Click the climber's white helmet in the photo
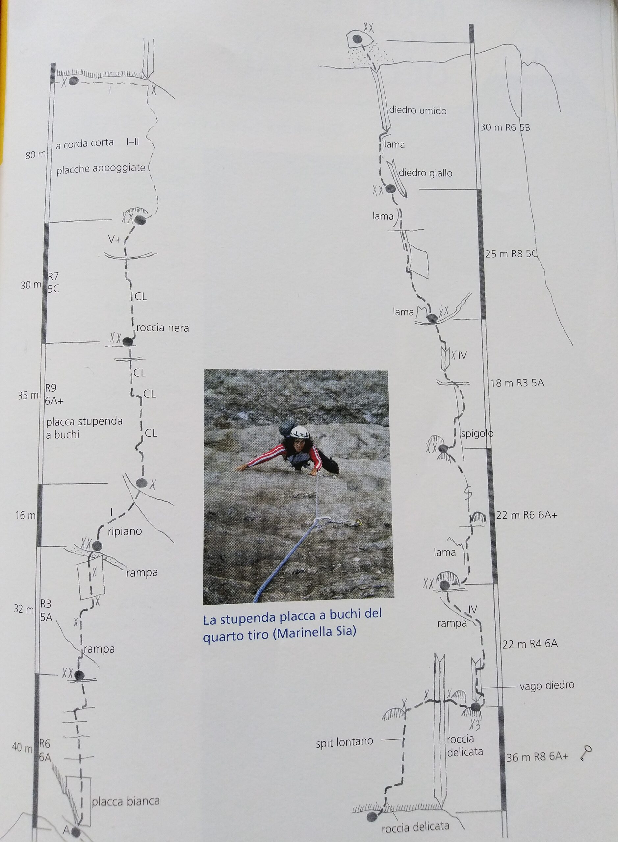coord(301,433)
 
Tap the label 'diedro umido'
coord(418,111)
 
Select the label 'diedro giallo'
coord(425,173)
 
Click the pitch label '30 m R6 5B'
coord(505,128)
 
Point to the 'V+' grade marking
coord(115,240)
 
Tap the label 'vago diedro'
coord(547,686)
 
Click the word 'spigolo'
coord(477,434)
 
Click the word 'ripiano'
coord(125,531)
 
